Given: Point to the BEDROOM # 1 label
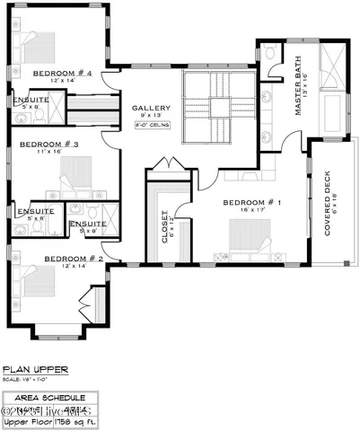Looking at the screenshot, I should [253, 203].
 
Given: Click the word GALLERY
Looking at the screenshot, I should [151, 109].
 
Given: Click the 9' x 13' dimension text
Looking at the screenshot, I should [151, 117].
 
